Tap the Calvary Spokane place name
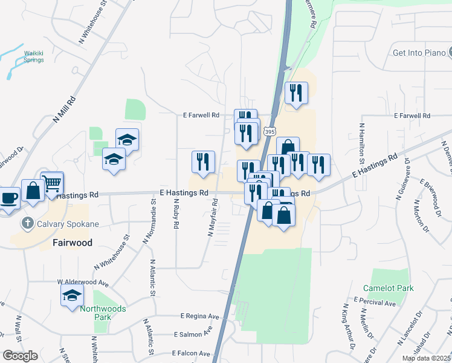click(66, 224)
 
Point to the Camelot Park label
click(389, 288)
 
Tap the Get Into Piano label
click(418, 53)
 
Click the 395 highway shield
click(270, 131)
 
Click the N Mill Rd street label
click(63, 109)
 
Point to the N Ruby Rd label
click(176, 214)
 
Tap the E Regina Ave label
click(200, 316)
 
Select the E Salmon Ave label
click(193, 334)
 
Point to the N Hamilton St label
click(362, 144)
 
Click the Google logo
click(20, 355)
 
